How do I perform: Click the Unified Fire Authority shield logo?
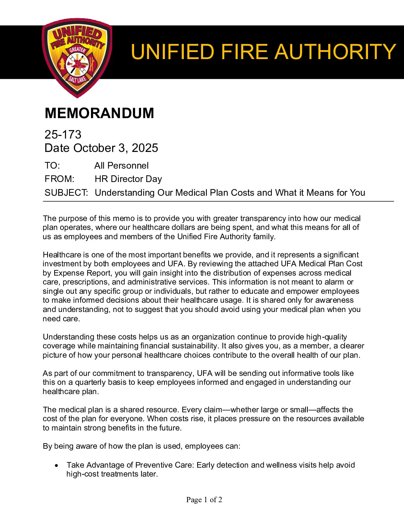point(77,58)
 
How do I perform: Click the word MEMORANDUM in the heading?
point(99,113)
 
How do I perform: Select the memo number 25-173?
point(63,134)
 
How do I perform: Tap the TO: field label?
point(52,166)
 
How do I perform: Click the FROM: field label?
point(59,179)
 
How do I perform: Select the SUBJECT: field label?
point(66,193)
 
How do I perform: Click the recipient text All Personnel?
point(121,166)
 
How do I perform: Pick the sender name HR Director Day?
point(128,179)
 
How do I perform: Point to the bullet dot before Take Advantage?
point(56,465)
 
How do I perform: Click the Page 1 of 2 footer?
point(204,500)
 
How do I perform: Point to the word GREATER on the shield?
point(77,50)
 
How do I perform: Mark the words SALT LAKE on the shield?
point(77,79)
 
